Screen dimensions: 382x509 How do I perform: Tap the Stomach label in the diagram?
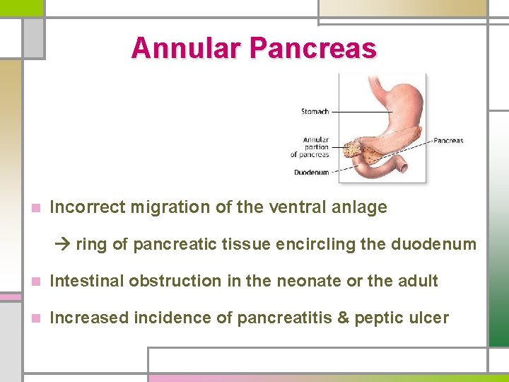[x=315, y=111]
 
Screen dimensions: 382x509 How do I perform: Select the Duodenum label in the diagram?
[x=311, y=172]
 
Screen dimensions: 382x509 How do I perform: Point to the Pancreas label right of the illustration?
[x=447, y=141]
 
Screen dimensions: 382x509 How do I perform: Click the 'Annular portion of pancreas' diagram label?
[x=312, y=147]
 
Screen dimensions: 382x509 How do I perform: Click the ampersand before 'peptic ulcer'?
[x=344, y=318]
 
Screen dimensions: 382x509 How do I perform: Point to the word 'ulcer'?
[x=431, y=318]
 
